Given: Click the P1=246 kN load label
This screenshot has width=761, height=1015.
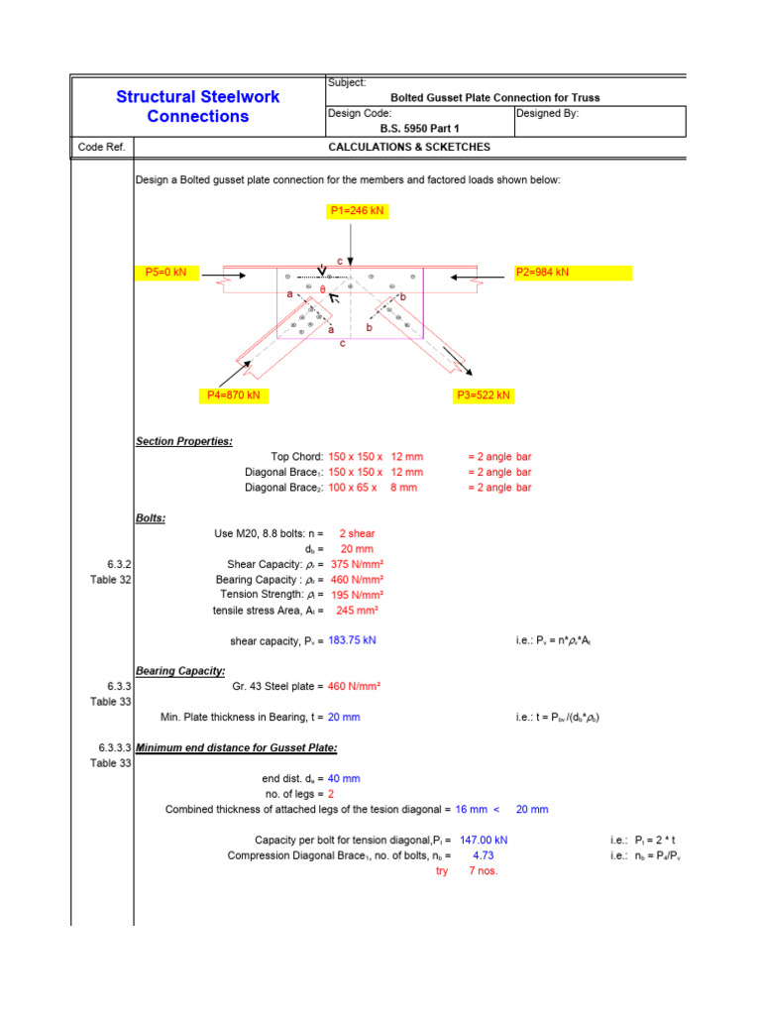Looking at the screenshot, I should [357, 211].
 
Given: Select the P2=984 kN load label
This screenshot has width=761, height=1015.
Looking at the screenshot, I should [542, 273].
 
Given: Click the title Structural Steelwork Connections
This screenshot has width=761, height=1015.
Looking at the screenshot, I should [198, 106].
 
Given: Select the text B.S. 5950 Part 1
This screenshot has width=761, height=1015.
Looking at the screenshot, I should [420, 129].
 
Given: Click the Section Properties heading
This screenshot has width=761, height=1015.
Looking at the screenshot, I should [184, 440].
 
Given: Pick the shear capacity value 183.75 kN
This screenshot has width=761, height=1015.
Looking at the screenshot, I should [352, 640].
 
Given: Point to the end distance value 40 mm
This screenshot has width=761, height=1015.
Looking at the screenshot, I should [344, 779].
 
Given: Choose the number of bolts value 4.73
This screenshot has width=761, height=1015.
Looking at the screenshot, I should [484, 855].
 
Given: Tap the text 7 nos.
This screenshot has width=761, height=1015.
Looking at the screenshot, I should [483, 871].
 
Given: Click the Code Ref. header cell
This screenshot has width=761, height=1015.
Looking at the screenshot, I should [101, 147].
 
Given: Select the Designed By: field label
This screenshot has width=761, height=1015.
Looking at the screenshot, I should [547, 114].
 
